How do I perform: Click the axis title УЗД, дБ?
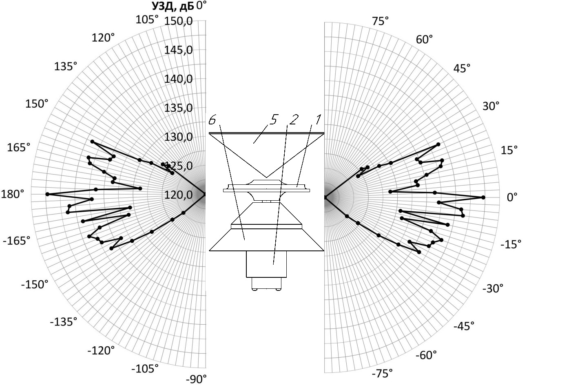coord(173,7)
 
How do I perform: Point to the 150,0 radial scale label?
coord(179,21)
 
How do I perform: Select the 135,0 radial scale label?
coord(179,108)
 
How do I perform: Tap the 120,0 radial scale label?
coord(179,195)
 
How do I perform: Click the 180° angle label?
coord(13,194)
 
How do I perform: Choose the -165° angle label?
coord(17,241)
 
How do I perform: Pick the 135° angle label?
coord(66,66)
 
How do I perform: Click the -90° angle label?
coord(196,379)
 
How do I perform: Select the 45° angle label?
coord(462,69)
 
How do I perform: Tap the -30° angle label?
coord(493,288)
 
